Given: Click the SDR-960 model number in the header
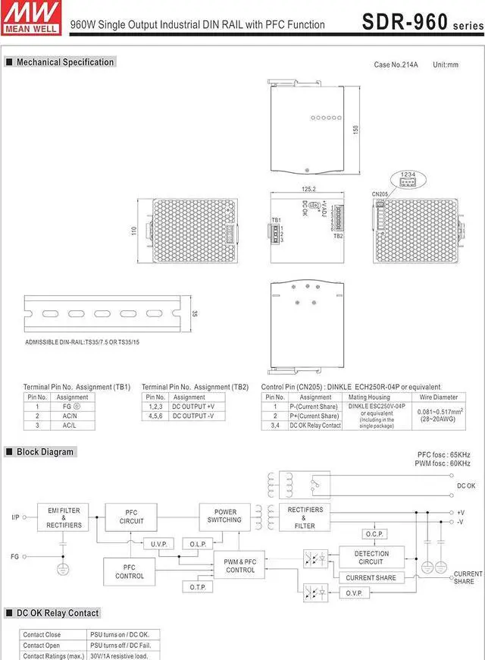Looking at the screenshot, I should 405,22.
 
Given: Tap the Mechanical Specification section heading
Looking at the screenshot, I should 65,62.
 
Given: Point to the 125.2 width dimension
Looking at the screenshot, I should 308,189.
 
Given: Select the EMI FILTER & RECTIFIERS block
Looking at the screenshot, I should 64,517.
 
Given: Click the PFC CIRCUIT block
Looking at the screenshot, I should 131,517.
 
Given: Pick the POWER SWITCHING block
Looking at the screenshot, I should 225,516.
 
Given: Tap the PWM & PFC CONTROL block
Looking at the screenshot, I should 240,566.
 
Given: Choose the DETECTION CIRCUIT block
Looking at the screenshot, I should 371,558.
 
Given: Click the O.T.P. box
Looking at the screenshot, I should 198,586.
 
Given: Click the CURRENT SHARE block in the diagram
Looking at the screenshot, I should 371,578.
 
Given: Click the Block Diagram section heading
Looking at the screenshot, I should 45,452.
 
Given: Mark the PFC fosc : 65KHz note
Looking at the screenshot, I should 444,454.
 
